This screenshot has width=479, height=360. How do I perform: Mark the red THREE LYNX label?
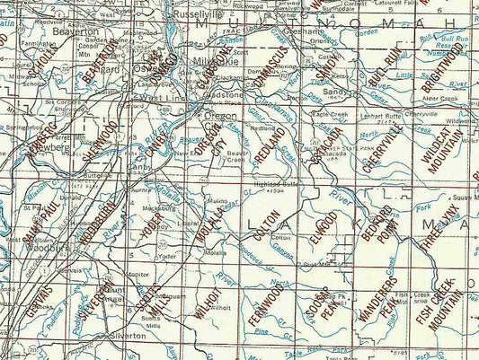coord(435,232)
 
